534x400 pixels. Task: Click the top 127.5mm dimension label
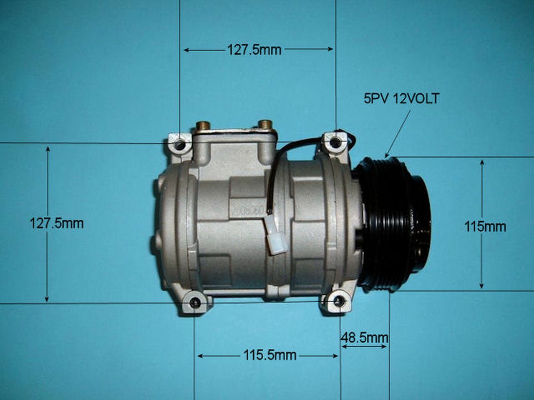pyautogui.click(x=254, y=50)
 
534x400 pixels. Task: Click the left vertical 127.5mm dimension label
pyautogui.click(x=56, y=223)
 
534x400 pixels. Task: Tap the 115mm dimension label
pyautogui.click(x=485, y=227)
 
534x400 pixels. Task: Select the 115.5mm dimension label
pyautogui.click(x=270, y=355)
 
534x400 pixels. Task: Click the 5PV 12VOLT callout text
pyautogui.click(x=401, y=99)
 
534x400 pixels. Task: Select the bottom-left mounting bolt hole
pyautogui.click(x=194, y=303)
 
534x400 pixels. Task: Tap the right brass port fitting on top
pyautogui.click(x=265, y=124)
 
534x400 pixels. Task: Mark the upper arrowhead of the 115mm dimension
pyautogui.click(x=482, y=162)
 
